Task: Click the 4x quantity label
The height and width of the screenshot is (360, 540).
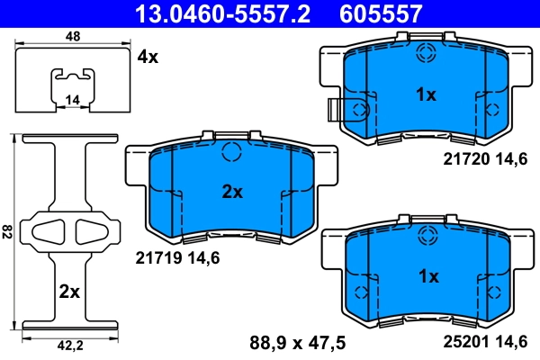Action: coord(147,57)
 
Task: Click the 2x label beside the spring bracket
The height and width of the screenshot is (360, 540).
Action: coord(69,292)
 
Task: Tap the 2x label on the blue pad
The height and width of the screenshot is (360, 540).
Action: coord(232,191)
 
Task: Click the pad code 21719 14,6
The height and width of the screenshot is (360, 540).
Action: coord(177,257)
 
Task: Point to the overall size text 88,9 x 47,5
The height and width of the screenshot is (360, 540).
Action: coord(297,342)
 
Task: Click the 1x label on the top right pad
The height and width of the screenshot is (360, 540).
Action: coord(425,94)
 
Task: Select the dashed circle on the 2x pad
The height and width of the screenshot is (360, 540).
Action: coord(231,151)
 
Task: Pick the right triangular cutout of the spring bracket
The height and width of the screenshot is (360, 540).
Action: coord(90,231)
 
